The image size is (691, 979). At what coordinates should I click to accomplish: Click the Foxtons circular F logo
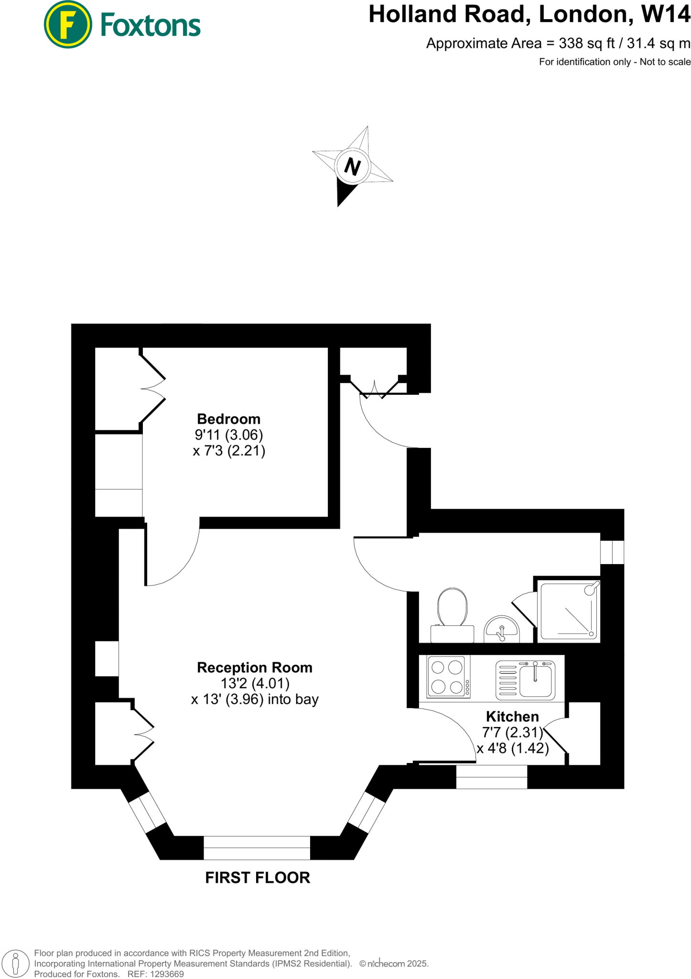(67, 24)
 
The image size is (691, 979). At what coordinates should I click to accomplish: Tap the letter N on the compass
(352, 166)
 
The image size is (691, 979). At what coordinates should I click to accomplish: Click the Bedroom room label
(228, 419)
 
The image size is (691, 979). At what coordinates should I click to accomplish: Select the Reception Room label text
(254, 668)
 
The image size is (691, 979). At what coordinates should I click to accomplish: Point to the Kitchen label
(512, 717)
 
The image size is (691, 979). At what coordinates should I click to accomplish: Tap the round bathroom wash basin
(501, 630)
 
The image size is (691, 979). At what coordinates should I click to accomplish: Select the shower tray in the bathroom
(569, 611)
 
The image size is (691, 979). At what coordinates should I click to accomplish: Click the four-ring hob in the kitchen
(448, 676)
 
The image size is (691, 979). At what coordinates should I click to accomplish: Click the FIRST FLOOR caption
(258, 878)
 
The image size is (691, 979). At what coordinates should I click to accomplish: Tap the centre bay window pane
(257, 848)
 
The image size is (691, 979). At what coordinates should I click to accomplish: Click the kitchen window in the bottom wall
(491, 777)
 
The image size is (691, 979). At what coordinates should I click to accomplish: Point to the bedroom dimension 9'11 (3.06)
(228, 435)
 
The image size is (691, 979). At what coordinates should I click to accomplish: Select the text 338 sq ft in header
(587, 44)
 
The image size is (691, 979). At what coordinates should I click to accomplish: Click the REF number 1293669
(167, 974)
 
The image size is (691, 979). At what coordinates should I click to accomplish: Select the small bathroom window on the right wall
(612, 552)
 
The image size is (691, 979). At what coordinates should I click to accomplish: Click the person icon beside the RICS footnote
(15, 963)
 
